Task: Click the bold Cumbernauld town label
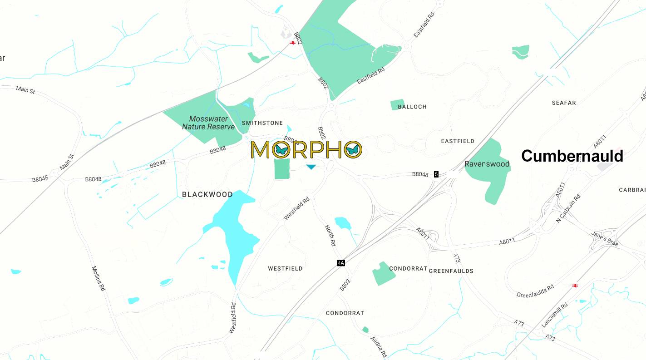(x=572, y=156)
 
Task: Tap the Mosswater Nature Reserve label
(x=208, y=123)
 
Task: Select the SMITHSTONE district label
(x=262, y=123)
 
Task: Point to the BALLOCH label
(x=412, y=107)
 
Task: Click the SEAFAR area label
(x=564, y=103)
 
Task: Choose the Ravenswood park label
(x=487, y=164)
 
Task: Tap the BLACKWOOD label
(x=207, y=194)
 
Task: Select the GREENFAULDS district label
(x=451, y=271)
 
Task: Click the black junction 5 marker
(x=436, y=174)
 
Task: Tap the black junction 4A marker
(x=341, y=263)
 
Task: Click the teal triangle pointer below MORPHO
(x=311, y=167)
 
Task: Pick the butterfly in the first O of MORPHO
(x=281, y=150)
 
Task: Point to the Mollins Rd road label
(x=99, y=278)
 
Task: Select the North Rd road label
(x=330, y=235)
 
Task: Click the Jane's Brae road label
(x=605, y=239)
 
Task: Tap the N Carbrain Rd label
(x=568, y=208)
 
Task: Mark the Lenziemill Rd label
(x=555, y=315)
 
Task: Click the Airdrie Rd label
(x=378, y=347)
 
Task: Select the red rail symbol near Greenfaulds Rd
(x=575, y=286)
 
